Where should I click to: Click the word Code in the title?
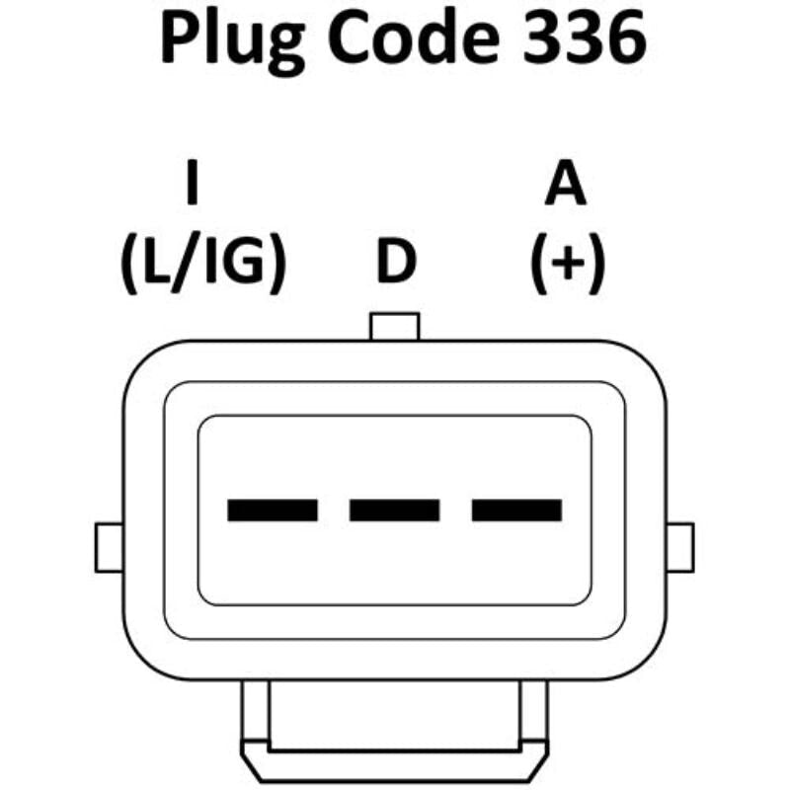[414, 38]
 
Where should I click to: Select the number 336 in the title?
[585, 38]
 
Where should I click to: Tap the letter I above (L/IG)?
[192, 182]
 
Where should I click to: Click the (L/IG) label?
[203, 263]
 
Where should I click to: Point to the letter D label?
[397, 261]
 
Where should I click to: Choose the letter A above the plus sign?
[565, 183]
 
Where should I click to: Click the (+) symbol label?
[567, 263]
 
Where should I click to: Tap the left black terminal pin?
[273, 510]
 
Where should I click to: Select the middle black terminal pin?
[394, 510]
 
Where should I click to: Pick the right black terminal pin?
[516, 510]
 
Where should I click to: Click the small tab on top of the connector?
[394, 327]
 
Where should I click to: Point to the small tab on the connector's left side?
[109, 548]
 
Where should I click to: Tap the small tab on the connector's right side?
[680, 548]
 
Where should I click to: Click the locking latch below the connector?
[394, 732]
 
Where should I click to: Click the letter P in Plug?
[180, 38]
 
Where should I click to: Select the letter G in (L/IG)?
[243, 262]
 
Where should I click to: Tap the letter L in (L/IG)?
[155, 261]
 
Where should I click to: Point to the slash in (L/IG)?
[183, 263]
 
